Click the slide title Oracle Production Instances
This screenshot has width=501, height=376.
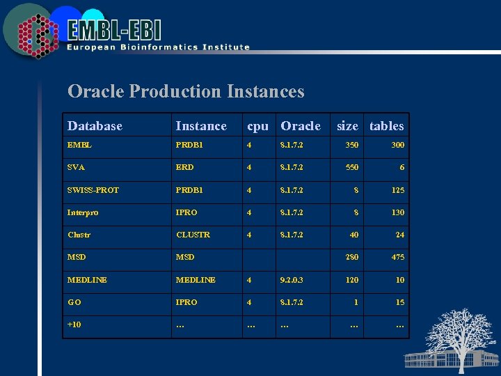[x=186, y=91]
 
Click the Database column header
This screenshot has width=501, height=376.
[x=95, y=126]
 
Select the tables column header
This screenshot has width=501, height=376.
[x=386, y=126]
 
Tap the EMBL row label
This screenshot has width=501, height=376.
[x=79, y=146]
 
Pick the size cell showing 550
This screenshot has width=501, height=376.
[x=351, y=168]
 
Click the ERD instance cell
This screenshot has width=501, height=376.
[x=185, y=168]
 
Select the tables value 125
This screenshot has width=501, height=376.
[x=397, y=190]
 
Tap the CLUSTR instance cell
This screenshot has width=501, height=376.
[x=193, y=235]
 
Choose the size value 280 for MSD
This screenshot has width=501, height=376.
[x=351, y=257]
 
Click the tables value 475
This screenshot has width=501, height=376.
[x=397, y=257]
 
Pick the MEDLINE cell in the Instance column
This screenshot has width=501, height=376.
[x=196, y=280]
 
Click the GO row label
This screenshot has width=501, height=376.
[x=74, y=302]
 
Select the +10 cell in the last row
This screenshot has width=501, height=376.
[x=74, y=324]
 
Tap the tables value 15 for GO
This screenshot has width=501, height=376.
[x=399, y=302]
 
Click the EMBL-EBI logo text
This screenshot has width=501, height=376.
[x=114, y=30]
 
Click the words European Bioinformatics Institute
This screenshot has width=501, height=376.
[x=158, y=47]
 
